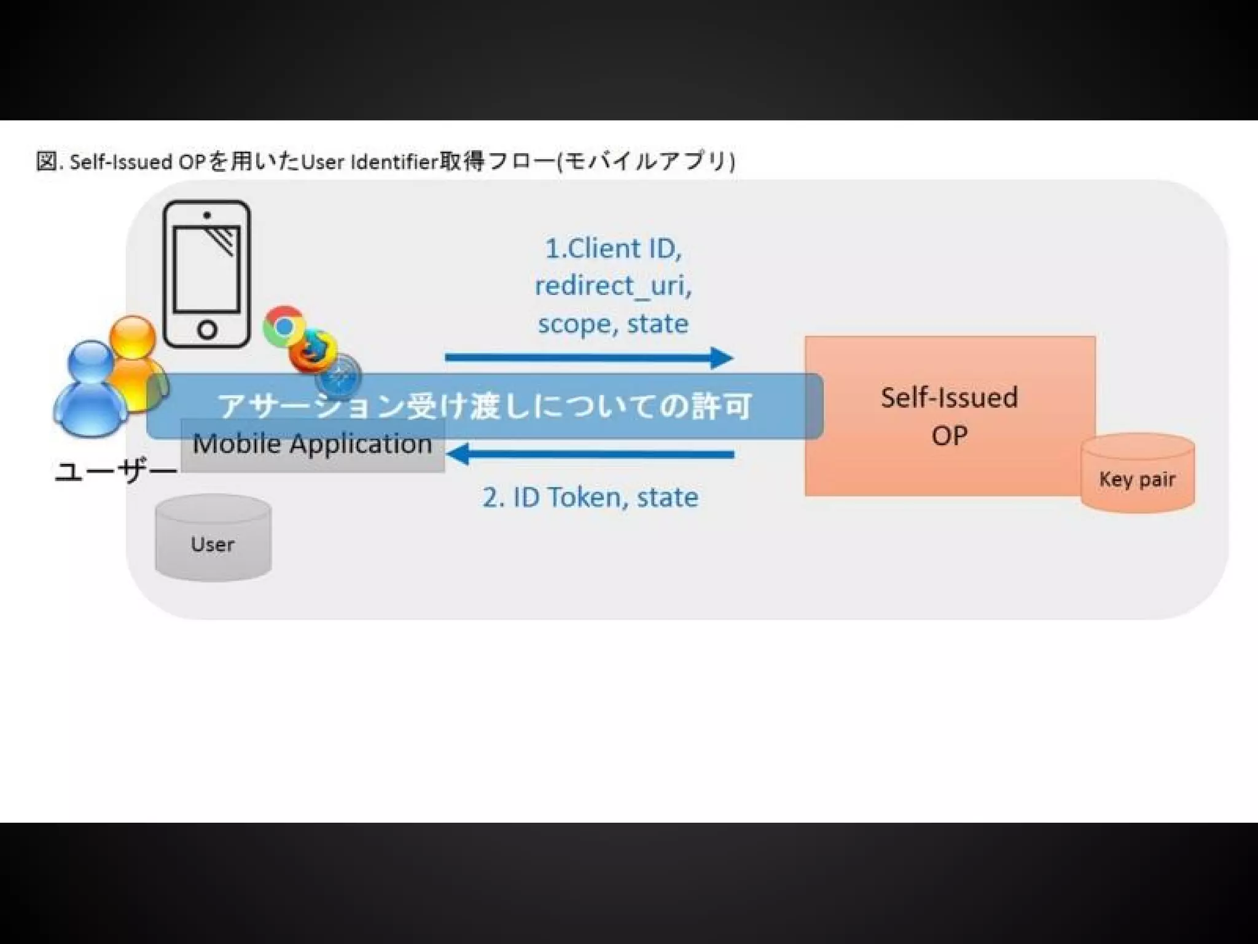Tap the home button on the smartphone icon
point(208,330)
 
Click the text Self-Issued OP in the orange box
point(949,415)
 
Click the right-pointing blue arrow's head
point(722,357)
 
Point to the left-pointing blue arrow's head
point(458,455)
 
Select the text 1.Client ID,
point(613,248)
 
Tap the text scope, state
point(613,324)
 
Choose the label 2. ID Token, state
point(590,497)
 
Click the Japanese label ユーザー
point(115,471)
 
